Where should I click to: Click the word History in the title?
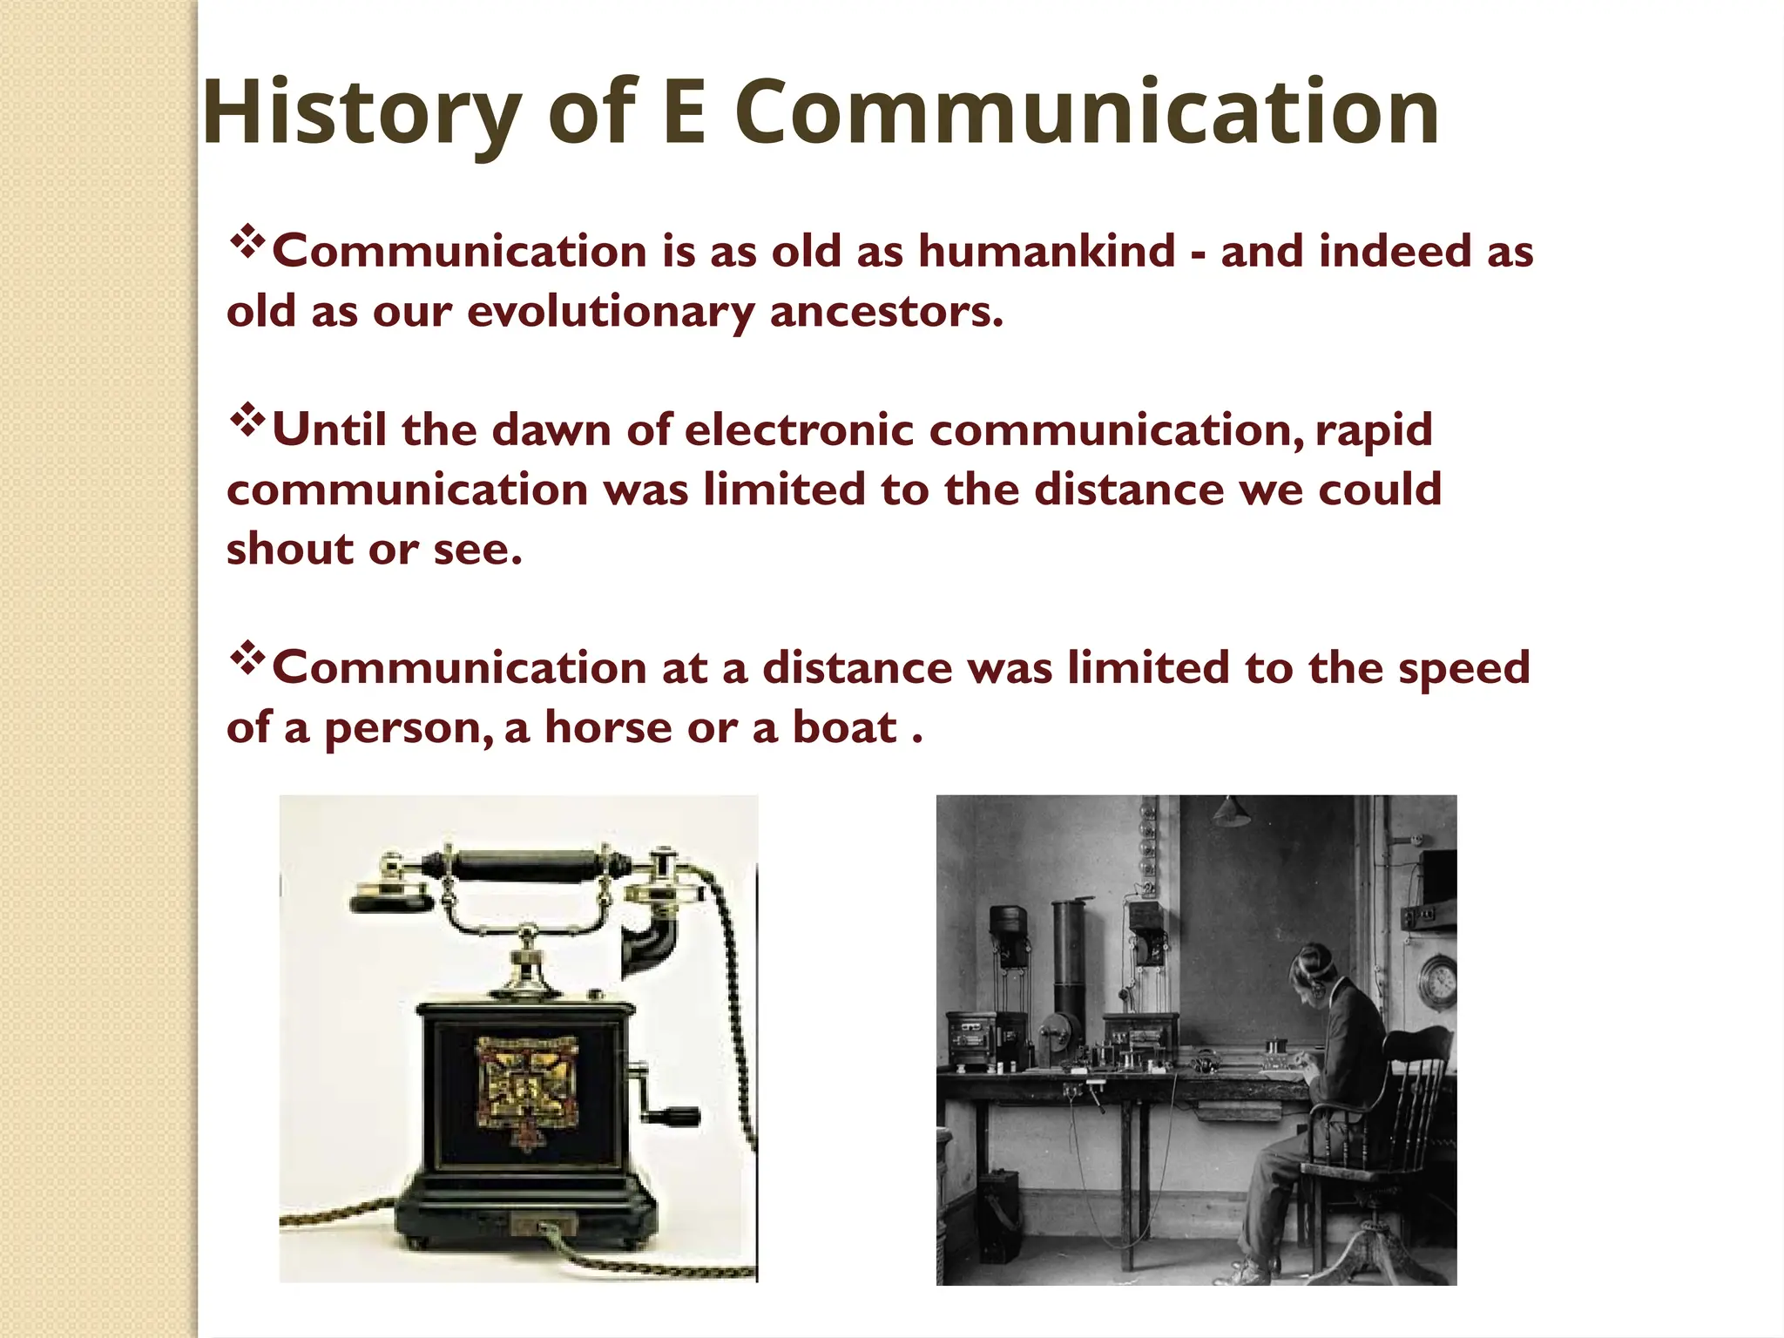[361, 113]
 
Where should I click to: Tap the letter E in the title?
[683, 113]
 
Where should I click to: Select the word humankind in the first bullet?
[1046, 251]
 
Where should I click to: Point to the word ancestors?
[886, 311]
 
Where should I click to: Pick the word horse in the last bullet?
[608, 726]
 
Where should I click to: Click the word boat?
[843, 726]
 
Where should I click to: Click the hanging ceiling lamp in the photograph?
[1227, 811]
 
